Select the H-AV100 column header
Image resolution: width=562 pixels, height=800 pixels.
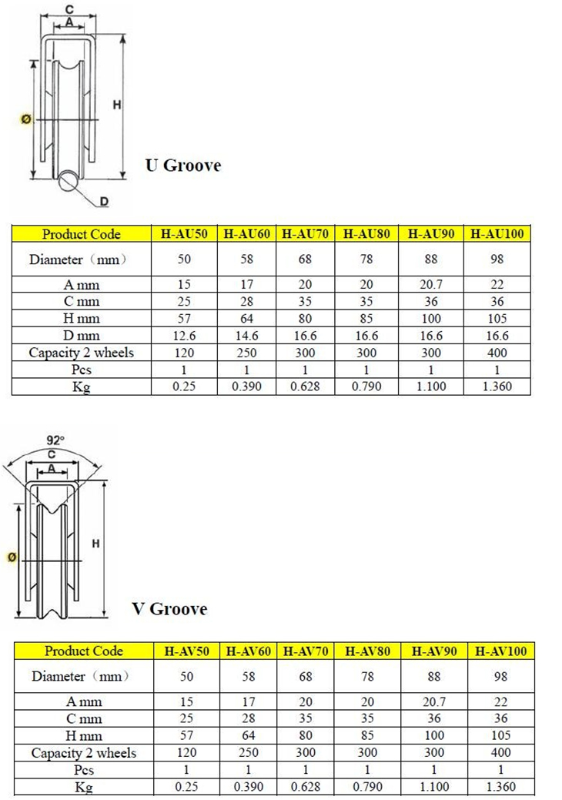(x=500, y=651)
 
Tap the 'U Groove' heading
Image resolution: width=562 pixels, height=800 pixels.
(x=183, y=166)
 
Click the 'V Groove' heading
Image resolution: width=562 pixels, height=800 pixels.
(x=169, y=609)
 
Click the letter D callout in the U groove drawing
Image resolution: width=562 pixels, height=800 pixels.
(x=103, y=202)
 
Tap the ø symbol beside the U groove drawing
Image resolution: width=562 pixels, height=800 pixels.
(x=25, y=119)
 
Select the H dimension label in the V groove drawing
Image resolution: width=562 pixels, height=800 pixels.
(x=96, y=544)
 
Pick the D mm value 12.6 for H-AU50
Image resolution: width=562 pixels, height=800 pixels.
(x=185, y=336)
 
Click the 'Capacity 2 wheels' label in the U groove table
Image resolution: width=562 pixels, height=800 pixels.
(x=82, y=353)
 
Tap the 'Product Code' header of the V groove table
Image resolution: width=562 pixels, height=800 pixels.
(x=84, y=651)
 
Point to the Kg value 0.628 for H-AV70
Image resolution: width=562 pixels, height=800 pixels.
(x=306, y=787)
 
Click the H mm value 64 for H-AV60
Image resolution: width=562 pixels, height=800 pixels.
(x=248, y=735)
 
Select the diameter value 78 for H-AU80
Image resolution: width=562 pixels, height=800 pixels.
(x=366, y=259)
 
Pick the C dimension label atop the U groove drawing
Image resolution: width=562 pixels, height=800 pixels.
(x=69, y=8)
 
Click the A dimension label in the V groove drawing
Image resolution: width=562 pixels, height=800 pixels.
(x=52, y=468)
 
